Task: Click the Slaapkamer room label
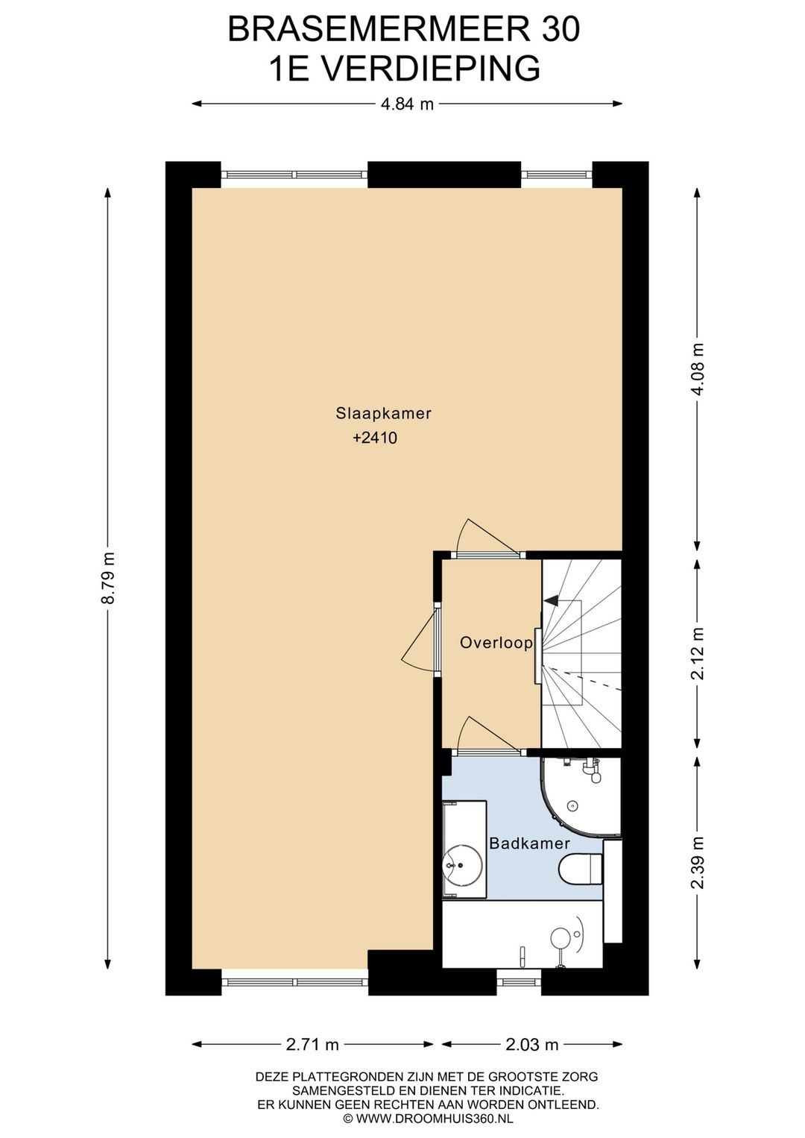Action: pos(383,413)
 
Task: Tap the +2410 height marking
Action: pos(375,438)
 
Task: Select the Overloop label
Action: pos(496,643)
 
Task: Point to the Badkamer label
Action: pos(529,843)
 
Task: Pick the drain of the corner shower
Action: pos(573,805)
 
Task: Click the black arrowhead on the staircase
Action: pos(550,601)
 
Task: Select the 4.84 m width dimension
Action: pos(407,104)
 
